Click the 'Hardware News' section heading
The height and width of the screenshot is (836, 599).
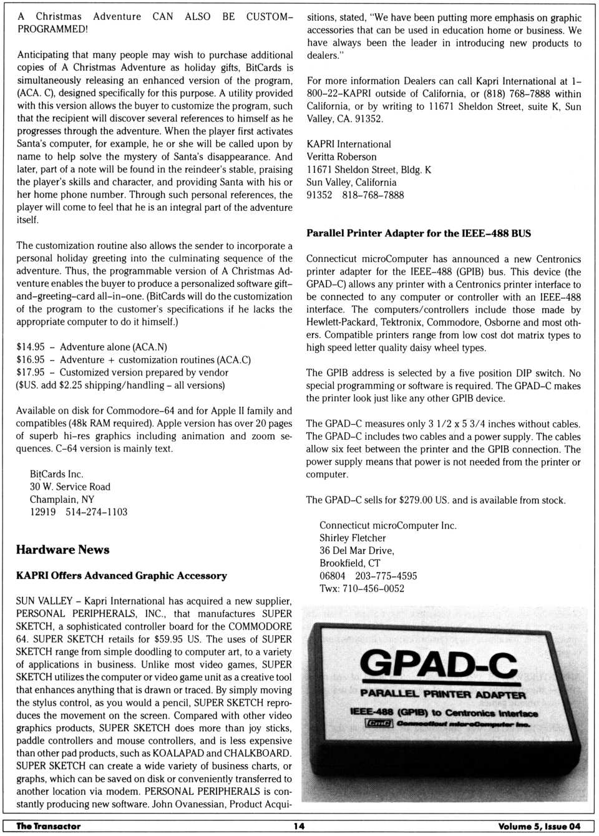point(62,550)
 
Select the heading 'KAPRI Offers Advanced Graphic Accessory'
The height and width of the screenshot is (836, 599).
point(122,576)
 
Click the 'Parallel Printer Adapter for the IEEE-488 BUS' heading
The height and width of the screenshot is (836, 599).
point(419,233)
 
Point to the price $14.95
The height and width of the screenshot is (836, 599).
point(31,347)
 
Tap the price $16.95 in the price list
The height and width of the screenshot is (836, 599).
point(31,360)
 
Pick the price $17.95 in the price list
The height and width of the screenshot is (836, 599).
point(31,372)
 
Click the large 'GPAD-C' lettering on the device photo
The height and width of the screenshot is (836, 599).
point(439,664)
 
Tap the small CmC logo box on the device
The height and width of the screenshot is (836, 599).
point(379,723)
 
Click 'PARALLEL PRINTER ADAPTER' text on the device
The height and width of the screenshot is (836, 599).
point(442,694)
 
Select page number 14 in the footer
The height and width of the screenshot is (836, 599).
point(299,826)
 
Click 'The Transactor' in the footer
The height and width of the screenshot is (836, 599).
point(49,826)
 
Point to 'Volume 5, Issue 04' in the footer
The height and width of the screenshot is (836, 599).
point(539,826)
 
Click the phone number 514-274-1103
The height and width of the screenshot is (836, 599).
point(96,512)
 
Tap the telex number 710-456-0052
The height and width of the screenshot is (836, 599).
point(373,588)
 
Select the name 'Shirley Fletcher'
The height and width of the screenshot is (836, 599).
point(353,538)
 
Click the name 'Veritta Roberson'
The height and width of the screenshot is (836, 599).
point(341,157)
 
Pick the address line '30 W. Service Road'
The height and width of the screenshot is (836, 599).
point(70,487)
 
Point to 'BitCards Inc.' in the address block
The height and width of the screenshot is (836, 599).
point(56,474)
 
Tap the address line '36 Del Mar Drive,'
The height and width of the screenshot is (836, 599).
point(357,550)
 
